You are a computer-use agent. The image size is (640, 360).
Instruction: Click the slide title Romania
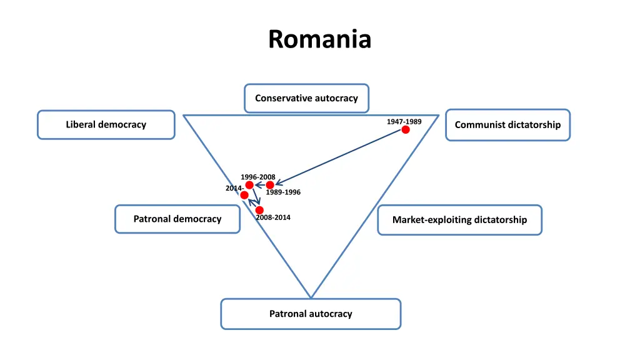320,39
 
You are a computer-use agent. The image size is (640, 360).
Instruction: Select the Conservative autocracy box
306,98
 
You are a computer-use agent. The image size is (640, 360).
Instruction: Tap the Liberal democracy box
106,124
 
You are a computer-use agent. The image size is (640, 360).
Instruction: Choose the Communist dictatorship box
507,125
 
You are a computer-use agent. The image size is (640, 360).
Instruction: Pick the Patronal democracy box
177,219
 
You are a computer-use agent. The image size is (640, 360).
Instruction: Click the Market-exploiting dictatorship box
459,220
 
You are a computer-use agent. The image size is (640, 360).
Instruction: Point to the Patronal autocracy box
311,314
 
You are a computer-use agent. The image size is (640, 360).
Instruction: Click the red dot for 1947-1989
406,129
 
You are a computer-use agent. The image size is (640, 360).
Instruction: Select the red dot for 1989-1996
270,185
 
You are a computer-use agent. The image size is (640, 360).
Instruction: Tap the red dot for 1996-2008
249,185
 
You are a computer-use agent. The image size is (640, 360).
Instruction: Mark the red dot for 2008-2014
259,210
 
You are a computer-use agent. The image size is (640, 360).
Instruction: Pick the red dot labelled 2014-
244,195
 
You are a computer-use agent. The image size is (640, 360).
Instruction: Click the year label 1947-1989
404,121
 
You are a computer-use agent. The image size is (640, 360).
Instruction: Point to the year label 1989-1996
283,192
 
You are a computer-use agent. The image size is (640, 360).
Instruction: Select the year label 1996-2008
257,177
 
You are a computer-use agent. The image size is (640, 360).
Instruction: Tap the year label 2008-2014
273,217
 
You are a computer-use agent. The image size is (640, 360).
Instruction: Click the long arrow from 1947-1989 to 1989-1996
341,157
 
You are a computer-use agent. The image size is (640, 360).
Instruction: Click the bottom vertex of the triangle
311,297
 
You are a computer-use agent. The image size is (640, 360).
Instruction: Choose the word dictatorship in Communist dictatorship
534,125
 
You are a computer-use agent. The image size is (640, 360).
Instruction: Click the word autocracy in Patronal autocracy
331,314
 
